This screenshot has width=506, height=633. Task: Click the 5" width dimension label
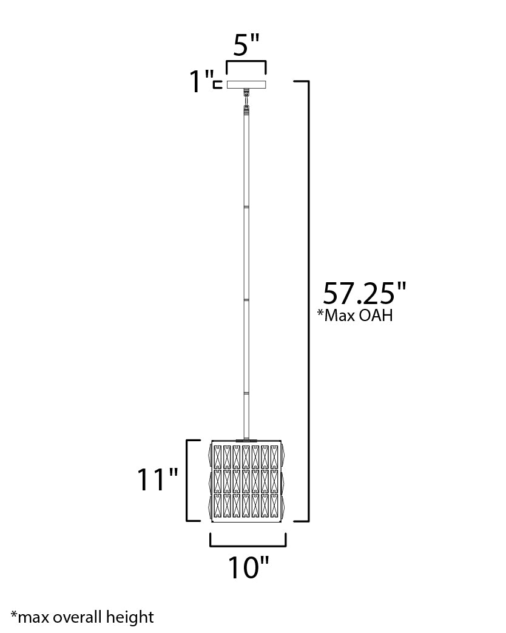pos(246,45)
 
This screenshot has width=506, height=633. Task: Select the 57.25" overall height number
pos(363,293)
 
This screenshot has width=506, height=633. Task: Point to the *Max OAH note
pos(355,315)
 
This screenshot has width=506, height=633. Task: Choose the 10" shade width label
pos(248,567)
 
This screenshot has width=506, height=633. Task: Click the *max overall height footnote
pos(82,617)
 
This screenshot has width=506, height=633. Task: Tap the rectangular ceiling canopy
pos(246,84)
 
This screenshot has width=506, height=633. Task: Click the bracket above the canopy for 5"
pos(246,63)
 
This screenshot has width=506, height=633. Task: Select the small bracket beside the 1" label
pos(217,84)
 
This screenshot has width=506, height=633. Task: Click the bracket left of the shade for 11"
pos(188,480)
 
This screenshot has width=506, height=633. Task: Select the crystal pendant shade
pos(247,480)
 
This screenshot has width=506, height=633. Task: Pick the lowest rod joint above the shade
pos(246,394)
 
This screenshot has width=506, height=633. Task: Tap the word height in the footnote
pos(132,617)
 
